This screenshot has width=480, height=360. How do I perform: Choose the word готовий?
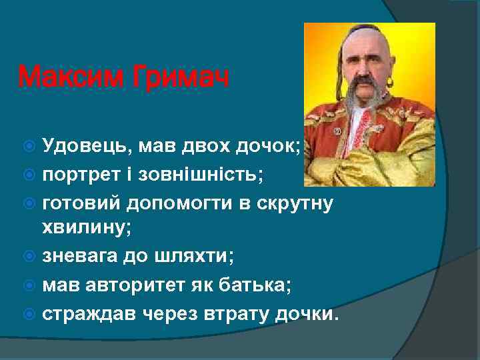(x=82, y=203)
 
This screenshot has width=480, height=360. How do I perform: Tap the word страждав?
(x=85, y=313)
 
